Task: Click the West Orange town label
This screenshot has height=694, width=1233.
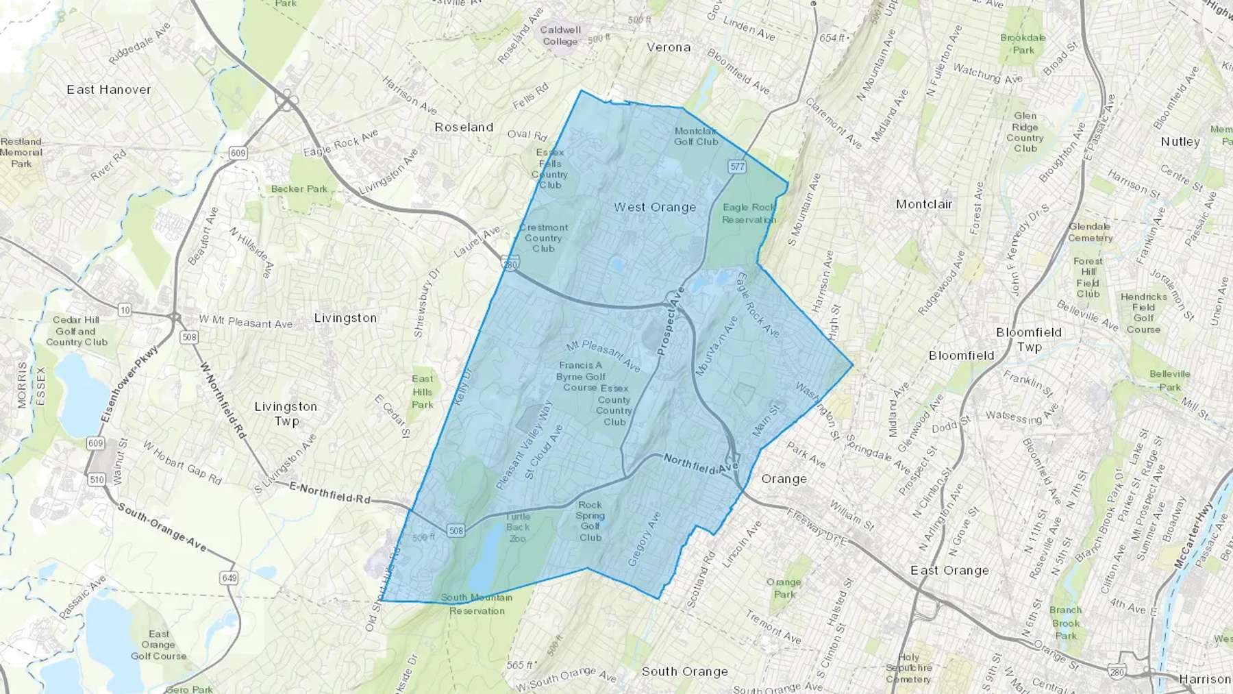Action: tap(654, 207)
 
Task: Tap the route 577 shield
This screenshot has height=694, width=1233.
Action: tap(737, 166)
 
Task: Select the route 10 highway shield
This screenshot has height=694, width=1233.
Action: tap(125, 310)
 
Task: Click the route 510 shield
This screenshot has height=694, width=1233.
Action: tap(97, 480)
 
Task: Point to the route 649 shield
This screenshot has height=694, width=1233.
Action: tap(229, 578)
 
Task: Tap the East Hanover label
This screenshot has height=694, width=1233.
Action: tap(109, 90)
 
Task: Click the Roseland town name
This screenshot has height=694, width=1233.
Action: tap(464, 127)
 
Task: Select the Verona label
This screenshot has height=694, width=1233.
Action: tap(669, 47)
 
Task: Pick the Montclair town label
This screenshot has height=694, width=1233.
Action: tap(924, 204)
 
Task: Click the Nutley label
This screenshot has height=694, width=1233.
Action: tap(1180, 142)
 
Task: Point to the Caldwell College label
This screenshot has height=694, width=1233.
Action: tap(560, 36)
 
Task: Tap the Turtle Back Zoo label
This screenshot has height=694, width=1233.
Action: tap(518, 527)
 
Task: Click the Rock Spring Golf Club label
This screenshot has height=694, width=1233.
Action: tap(590, 521)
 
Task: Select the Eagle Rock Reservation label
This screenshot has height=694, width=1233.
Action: tap(749, 213)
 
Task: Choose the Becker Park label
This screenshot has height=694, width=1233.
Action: tap(299, 189)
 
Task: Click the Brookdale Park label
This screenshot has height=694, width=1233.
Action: tap(1023, 44)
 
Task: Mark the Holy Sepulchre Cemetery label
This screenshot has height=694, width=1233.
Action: tap(908, 668)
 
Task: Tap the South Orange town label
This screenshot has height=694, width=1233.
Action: tap(684, 671)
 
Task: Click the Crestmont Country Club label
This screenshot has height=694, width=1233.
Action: tap(543, 238)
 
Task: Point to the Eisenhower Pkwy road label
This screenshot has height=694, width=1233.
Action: tap(129, 384)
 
